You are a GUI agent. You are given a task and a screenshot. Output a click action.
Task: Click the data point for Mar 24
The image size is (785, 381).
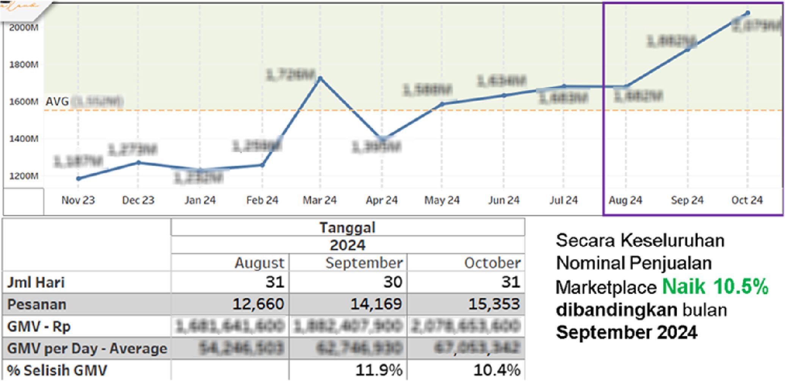320,79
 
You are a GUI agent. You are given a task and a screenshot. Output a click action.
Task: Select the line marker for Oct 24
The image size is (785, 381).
748,13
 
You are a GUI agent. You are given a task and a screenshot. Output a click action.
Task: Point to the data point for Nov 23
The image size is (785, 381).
78,178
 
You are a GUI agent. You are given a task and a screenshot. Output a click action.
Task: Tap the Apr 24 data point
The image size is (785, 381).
382,139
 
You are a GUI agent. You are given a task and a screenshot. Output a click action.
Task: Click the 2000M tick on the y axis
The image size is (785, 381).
24,27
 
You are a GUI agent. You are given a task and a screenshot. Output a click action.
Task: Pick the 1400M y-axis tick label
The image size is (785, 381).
24,139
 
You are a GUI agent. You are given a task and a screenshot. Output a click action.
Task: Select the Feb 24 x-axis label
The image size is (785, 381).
262,200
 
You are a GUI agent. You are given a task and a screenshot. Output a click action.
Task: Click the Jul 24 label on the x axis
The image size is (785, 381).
564,200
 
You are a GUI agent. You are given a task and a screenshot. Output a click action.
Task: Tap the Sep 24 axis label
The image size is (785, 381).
687,200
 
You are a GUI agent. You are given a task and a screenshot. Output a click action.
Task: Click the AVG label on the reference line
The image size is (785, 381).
57,101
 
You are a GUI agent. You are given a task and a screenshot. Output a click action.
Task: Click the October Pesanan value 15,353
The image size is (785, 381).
494,304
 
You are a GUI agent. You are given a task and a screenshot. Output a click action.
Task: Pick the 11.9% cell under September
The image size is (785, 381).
379,370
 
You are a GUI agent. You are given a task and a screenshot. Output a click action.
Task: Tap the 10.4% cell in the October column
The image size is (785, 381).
497,370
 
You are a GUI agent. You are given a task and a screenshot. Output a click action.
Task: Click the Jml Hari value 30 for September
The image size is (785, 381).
392,282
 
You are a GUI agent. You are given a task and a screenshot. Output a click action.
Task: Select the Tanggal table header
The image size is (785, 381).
347,228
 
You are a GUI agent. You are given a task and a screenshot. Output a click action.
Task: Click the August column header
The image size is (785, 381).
259,263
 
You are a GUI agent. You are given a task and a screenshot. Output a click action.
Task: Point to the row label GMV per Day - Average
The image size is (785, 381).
87,348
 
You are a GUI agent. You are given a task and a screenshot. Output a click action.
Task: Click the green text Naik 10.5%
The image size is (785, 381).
715,287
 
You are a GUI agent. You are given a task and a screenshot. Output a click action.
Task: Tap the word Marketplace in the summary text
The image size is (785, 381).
606,287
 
